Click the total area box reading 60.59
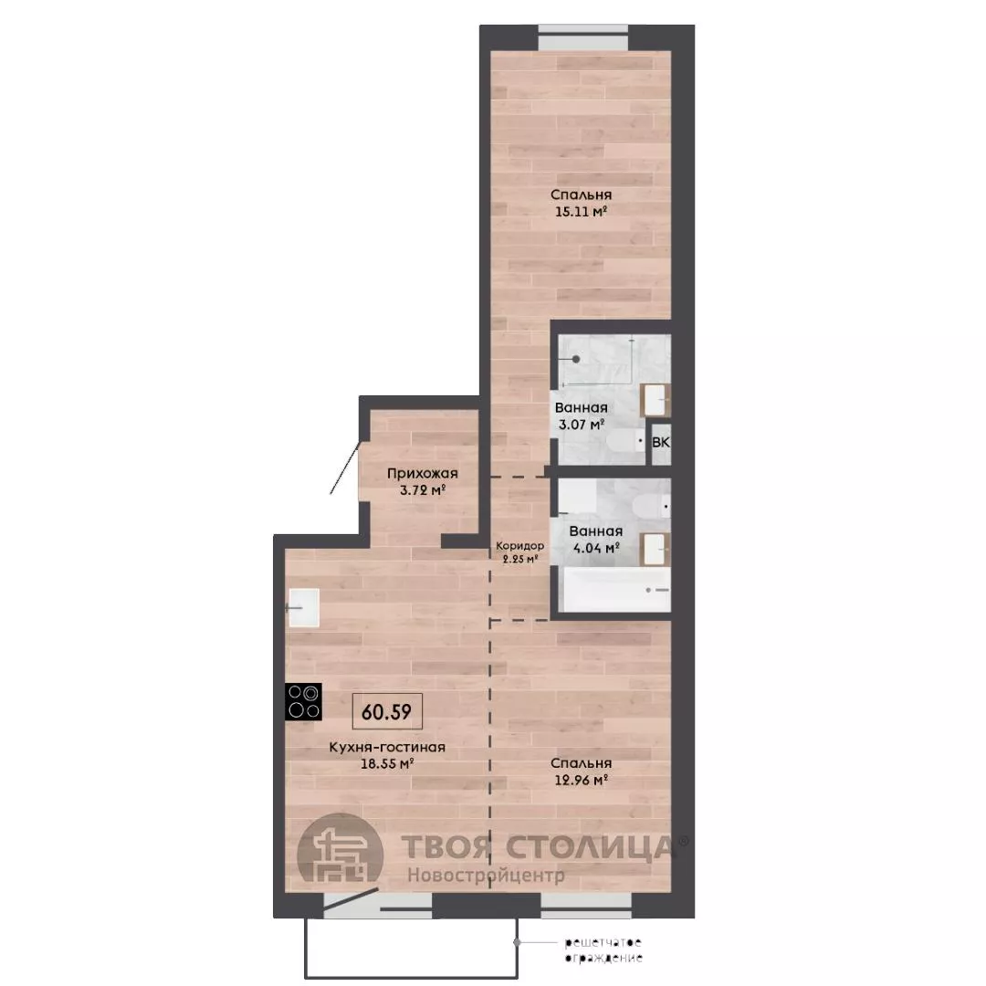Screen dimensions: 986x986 387,711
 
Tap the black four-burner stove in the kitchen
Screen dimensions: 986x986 303,701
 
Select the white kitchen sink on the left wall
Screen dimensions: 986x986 303,607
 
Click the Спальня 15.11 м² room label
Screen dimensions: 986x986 581,203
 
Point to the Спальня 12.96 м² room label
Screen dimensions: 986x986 581,771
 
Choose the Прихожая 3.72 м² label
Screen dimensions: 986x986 423,481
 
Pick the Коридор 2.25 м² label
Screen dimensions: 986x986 520,551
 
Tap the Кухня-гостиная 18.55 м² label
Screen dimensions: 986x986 387,755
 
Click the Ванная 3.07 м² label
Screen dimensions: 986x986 581,415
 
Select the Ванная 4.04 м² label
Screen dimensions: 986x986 596,540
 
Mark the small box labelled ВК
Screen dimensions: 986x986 661,443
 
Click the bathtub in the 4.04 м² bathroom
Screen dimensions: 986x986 615,590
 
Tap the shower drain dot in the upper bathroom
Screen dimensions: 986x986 576,359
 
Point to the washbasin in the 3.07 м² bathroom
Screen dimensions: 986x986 656,400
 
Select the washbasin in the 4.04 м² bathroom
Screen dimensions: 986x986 656,550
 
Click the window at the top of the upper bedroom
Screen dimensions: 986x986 583,37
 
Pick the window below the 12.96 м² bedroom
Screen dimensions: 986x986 586,905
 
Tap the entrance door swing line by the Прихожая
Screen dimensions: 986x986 345,467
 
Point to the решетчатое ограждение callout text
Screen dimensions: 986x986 603,949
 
